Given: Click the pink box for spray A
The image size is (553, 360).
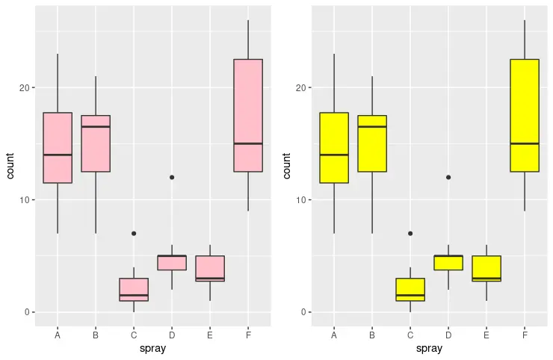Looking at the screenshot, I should (58, 147).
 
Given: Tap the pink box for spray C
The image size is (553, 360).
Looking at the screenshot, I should (134, 289).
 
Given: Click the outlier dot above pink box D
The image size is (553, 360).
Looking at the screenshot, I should (172, 177).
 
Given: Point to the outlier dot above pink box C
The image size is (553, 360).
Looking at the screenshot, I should (134, 233).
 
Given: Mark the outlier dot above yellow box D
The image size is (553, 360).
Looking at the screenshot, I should (448, 177).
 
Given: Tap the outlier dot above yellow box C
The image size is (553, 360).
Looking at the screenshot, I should (410, 233).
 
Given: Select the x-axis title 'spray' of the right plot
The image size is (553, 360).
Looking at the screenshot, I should (429, 349).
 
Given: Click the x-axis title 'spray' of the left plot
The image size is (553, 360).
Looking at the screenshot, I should (152, 349).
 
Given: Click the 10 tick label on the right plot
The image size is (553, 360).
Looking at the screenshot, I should (300, 200).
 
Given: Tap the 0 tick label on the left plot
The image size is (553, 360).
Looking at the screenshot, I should (26, 312).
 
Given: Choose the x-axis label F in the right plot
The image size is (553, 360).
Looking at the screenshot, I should (525, 335).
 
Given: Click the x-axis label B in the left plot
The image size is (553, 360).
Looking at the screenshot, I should (96, 335).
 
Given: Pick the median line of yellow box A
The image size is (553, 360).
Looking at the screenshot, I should (334, 155).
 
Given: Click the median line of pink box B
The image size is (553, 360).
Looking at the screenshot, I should (96, 127).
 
